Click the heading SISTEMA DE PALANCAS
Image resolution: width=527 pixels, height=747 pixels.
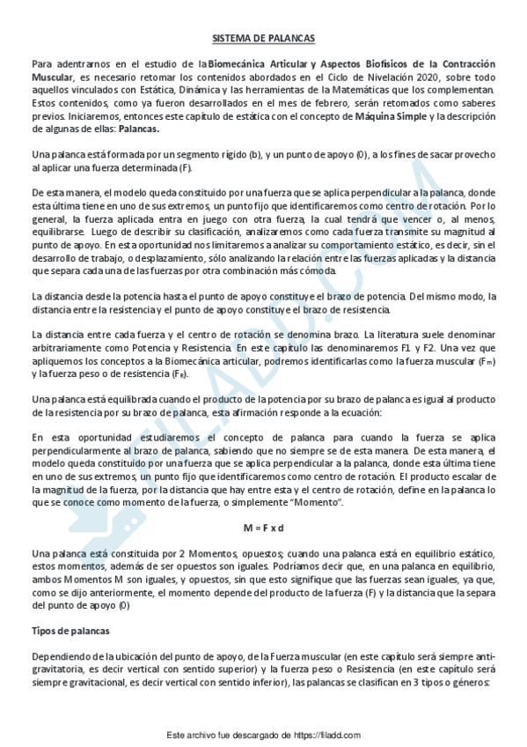(263, 38)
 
